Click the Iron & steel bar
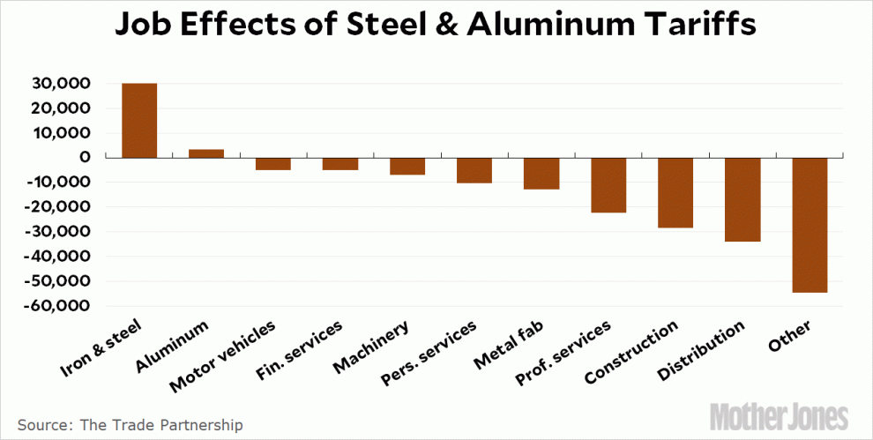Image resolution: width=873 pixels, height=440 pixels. click(x=138, y=121)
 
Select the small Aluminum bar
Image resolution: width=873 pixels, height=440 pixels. click(x=205, y=153)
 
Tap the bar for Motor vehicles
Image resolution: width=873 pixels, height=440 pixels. click(x=273, y=164)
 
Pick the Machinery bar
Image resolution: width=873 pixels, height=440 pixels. click(x=407, y=167)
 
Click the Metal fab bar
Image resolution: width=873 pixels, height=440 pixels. click(x=541, y=174)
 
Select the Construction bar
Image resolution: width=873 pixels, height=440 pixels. click(x=675, y=193)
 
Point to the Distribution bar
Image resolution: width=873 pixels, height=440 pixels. click(x=742, y=200)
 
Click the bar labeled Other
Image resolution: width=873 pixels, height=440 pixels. click(x=810, y=225)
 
